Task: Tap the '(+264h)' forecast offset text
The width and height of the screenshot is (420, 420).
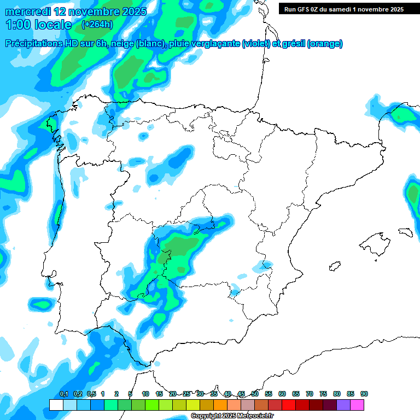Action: (97, 25)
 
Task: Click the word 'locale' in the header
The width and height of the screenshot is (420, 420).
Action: (52, 25)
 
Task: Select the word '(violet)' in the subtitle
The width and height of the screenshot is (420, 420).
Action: (256, 44)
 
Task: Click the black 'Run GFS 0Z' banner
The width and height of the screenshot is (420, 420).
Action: (344, 9)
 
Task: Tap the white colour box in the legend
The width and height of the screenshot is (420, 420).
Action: (56, 405)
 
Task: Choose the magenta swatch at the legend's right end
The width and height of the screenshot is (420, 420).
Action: (357, 405)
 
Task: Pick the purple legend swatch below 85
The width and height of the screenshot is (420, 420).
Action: (343, 405)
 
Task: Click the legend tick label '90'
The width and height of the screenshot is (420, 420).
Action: (364, 394)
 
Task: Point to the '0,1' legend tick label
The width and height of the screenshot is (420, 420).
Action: (64, 394)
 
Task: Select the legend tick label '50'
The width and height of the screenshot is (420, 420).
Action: (255, 394)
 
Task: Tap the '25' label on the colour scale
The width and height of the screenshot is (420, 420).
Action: (186, 394)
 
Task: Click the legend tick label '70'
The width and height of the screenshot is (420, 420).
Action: (310, 394)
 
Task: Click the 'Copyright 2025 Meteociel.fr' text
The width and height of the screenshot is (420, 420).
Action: (232, 416)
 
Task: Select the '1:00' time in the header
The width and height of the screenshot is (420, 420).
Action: (17, 25)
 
